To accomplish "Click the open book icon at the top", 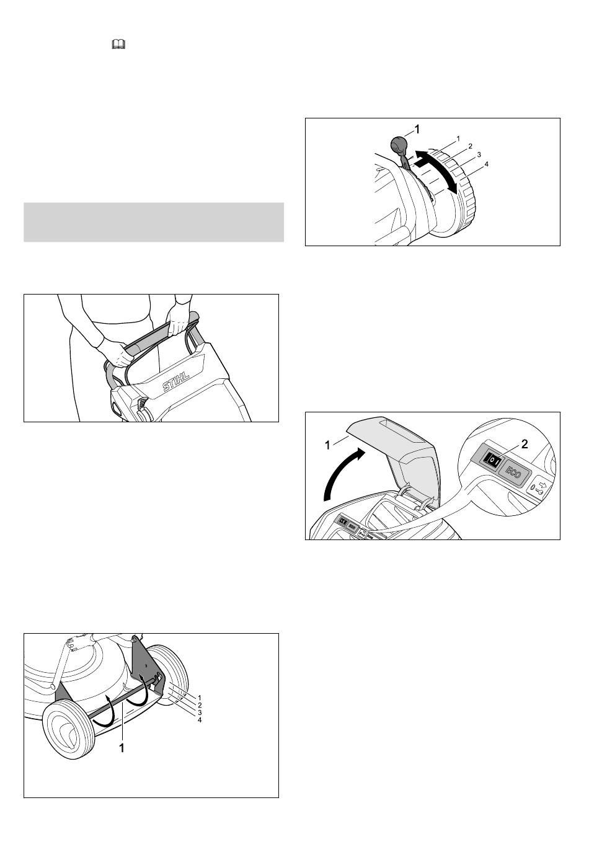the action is (118, 45).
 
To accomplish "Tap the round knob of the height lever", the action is (399, 144).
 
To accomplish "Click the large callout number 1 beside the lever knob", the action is (417, 130).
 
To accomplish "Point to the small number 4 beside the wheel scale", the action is (486, 164).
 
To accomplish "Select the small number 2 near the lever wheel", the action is (470, 146).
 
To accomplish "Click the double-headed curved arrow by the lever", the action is (436, 171).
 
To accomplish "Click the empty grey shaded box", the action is (154, 222).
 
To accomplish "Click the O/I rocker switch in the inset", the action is (491, 461).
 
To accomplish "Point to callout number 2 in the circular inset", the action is (525, 444).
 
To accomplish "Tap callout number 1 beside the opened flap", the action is (327, 445).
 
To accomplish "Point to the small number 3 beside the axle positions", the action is (200, 713).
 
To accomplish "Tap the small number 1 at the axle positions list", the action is (200, 698).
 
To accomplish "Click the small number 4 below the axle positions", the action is (200, 721).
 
